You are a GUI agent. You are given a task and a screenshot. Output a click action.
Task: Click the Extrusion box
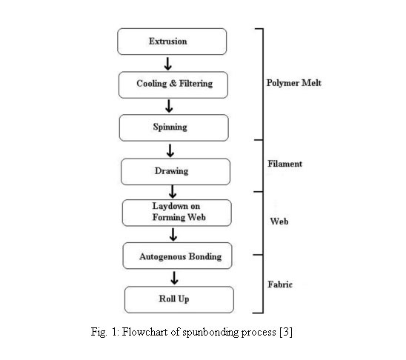tap(172, 41)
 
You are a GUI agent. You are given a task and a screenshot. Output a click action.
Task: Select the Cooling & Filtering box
tap(173, 85)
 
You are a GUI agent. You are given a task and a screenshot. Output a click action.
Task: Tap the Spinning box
tap(174, 128)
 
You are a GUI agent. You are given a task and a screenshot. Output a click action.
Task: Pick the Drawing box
tap(176, 172)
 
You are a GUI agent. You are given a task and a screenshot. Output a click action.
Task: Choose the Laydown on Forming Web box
tap(177, 213)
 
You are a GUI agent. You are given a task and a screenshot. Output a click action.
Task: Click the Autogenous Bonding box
tap(177, 256)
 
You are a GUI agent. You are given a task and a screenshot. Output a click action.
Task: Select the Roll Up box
tap(179, 300)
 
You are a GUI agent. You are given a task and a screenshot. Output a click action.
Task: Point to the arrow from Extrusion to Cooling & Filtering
tap(167, 64)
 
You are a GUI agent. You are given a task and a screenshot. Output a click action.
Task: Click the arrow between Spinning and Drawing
tap(170, 150)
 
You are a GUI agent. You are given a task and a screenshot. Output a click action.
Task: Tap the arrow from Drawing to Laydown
tap(173, 192)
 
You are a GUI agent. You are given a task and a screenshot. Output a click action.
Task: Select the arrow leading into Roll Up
tap(174, 278)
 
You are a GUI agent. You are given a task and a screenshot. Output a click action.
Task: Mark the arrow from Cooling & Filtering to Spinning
tap(169, 106)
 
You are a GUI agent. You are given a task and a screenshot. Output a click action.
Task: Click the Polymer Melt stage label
tap(294, 83)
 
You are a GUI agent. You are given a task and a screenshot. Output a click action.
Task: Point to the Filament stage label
tap(284, 164)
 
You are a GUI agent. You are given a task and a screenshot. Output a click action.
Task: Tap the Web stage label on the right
tap(279, 221)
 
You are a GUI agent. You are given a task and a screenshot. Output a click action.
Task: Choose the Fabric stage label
tap(280, 284)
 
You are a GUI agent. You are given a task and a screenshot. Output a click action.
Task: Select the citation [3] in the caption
tap(286, 332)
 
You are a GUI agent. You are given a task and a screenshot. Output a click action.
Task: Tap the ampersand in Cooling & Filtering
tap(173, 84)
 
